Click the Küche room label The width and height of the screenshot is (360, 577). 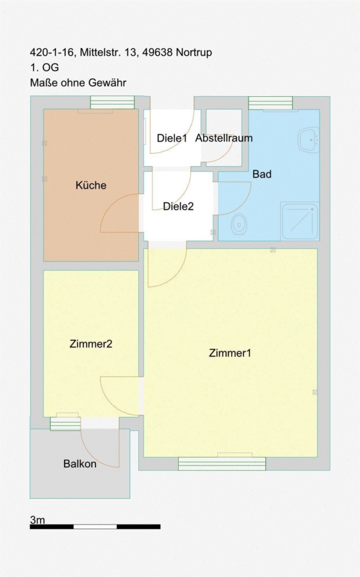pos(91,185)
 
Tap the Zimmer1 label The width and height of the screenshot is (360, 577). pos(230,353)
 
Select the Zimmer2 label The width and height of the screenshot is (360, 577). pos(91,344)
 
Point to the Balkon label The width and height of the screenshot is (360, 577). pos(80,464)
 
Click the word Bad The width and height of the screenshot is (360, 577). pos(262,174)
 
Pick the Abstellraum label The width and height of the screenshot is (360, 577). pos(224,138)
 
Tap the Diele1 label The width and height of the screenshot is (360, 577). pos(172,138)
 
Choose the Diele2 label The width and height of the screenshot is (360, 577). pos(178,206)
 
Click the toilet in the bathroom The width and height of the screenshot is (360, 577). pos(239,224)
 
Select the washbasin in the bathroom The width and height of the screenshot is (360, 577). pos(309,140)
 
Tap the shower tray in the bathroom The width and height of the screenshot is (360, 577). pos(300,221)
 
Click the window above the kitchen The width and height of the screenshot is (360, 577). pos(113,103)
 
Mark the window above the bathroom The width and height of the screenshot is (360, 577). pos(270,103)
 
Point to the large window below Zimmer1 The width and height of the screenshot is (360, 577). pos(222,464)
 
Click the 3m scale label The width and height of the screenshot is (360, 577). pos(38,519)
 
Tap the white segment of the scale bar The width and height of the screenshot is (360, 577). pos(95,527)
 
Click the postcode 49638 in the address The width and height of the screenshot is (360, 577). pos(158,53)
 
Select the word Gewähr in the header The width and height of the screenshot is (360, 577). pos(110,83)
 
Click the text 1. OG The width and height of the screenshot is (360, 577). pos(44,68)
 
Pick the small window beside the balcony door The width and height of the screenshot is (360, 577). pos(65,424)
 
